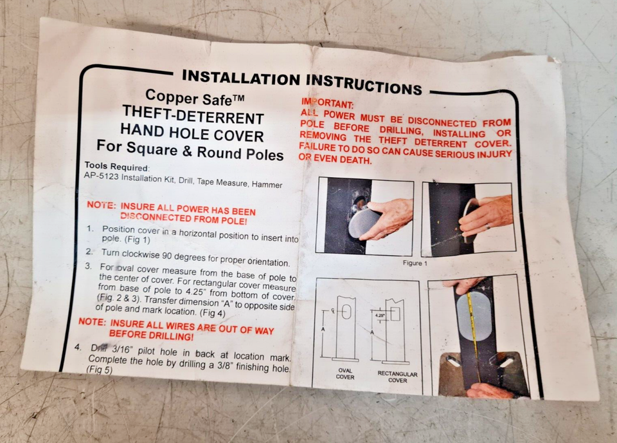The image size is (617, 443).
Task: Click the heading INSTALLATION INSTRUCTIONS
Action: pyautogui.click(x=302, y=82)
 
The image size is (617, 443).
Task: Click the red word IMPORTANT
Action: pyautogui.click(x=327, y=103)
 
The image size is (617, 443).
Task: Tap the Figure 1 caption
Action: pyautogui.click(x=415, y=263)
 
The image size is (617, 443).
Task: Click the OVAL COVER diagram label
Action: pyautogui.click(x=345, y=373)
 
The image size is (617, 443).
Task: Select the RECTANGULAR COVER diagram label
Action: pyautogui.click(x=397, y=377)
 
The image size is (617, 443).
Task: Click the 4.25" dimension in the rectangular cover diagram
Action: pyautogui.click(x=380, y=316)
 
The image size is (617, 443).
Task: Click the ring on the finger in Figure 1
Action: pyautogui.click(x=488, y=227)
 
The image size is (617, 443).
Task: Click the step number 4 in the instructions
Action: pyautogui.click(x=78, y=347)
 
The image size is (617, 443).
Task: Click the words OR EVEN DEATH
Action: pyautogui.click(x=335, y=158)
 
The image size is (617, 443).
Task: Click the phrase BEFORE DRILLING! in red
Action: pyautogui.click(x=151, y=335)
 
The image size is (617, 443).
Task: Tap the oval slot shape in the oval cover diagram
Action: pyautogui.click(x=346, y=312)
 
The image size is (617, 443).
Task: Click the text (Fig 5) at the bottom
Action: pyautogui.click(x=100, y=370)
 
